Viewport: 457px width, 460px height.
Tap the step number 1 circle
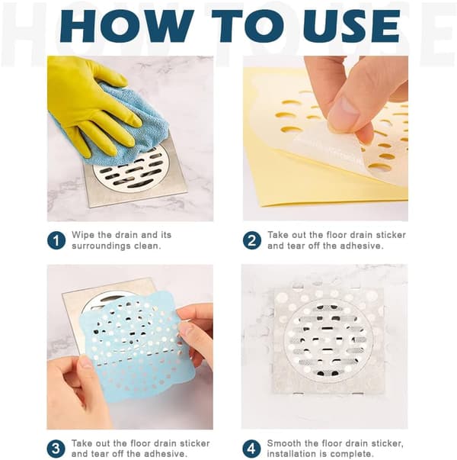(56, 240)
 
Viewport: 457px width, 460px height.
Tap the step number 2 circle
(252, 240)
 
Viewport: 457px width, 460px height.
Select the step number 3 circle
(56, 449)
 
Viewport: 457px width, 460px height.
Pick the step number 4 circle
(251, 449)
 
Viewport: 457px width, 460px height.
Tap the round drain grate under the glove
(128, 170)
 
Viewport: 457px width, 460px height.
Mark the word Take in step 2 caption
(278, 235)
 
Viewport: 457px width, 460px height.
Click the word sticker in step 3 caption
(194, 443)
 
